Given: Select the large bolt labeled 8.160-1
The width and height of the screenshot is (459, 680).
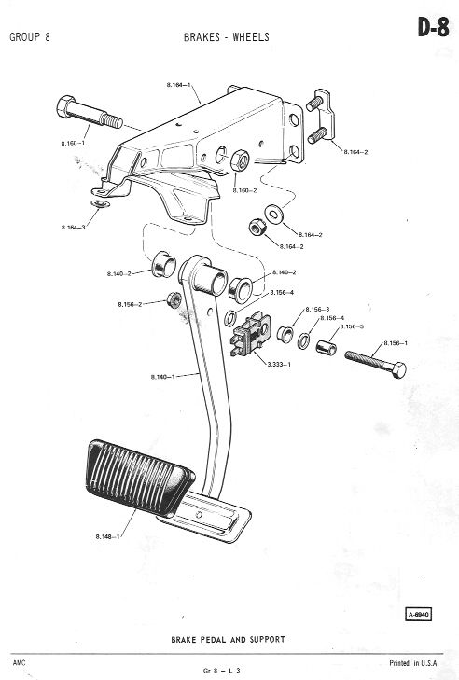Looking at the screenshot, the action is pos(90,113).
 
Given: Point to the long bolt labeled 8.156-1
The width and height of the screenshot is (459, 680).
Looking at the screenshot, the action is pos(376,365).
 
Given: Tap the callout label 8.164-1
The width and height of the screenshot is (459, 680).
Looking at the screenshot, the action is pos(179,85).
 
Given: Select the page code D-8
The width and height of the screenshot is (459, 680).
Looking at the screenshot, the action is pos(433,28).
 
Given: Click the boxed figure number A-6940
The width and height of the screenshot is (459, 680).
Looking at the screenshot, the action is pos(419,615).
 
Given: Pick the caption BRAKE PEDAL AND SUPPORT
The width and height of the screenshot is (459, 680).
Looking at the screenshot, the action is pos(229,639).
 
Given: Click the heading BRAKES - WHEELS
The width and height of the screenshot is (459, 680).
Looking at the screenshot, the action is pos(227,37).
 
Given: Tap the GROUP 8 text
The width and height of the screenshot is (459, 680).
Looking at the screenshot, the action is pos(30,37).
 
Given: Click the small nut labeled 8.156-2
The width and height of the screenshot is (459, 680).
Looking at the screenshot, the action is pos(174,299).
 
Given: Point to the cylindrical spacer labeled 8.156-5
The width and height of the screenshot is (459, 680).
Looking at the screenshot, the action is pos(326,347).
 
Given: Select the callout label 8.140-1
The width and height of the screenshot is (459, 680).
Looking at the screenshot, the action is pos(162,377).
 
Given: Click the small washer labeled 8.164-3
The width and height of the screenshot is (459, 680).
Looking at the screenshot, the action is pos(100,204).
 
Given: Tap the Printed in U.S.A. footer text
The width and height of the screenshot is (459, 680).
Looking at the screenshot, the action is pos(414,663).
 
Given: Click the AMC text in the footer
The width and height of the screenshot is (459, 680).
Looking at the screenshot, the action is pos(19,662).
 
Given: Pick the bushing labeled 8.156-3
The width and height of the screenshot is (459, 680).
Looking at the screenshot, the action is pos(285,333).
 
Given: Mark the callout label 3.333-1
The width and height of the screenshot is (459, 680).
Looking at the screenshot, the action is pos(279,365).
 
